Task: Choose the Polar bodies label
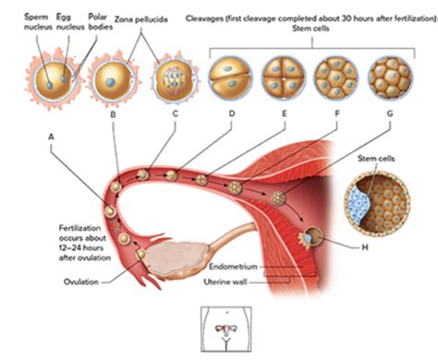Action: coord(98,21)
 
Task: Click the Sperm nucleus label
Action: coord(38,21)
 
